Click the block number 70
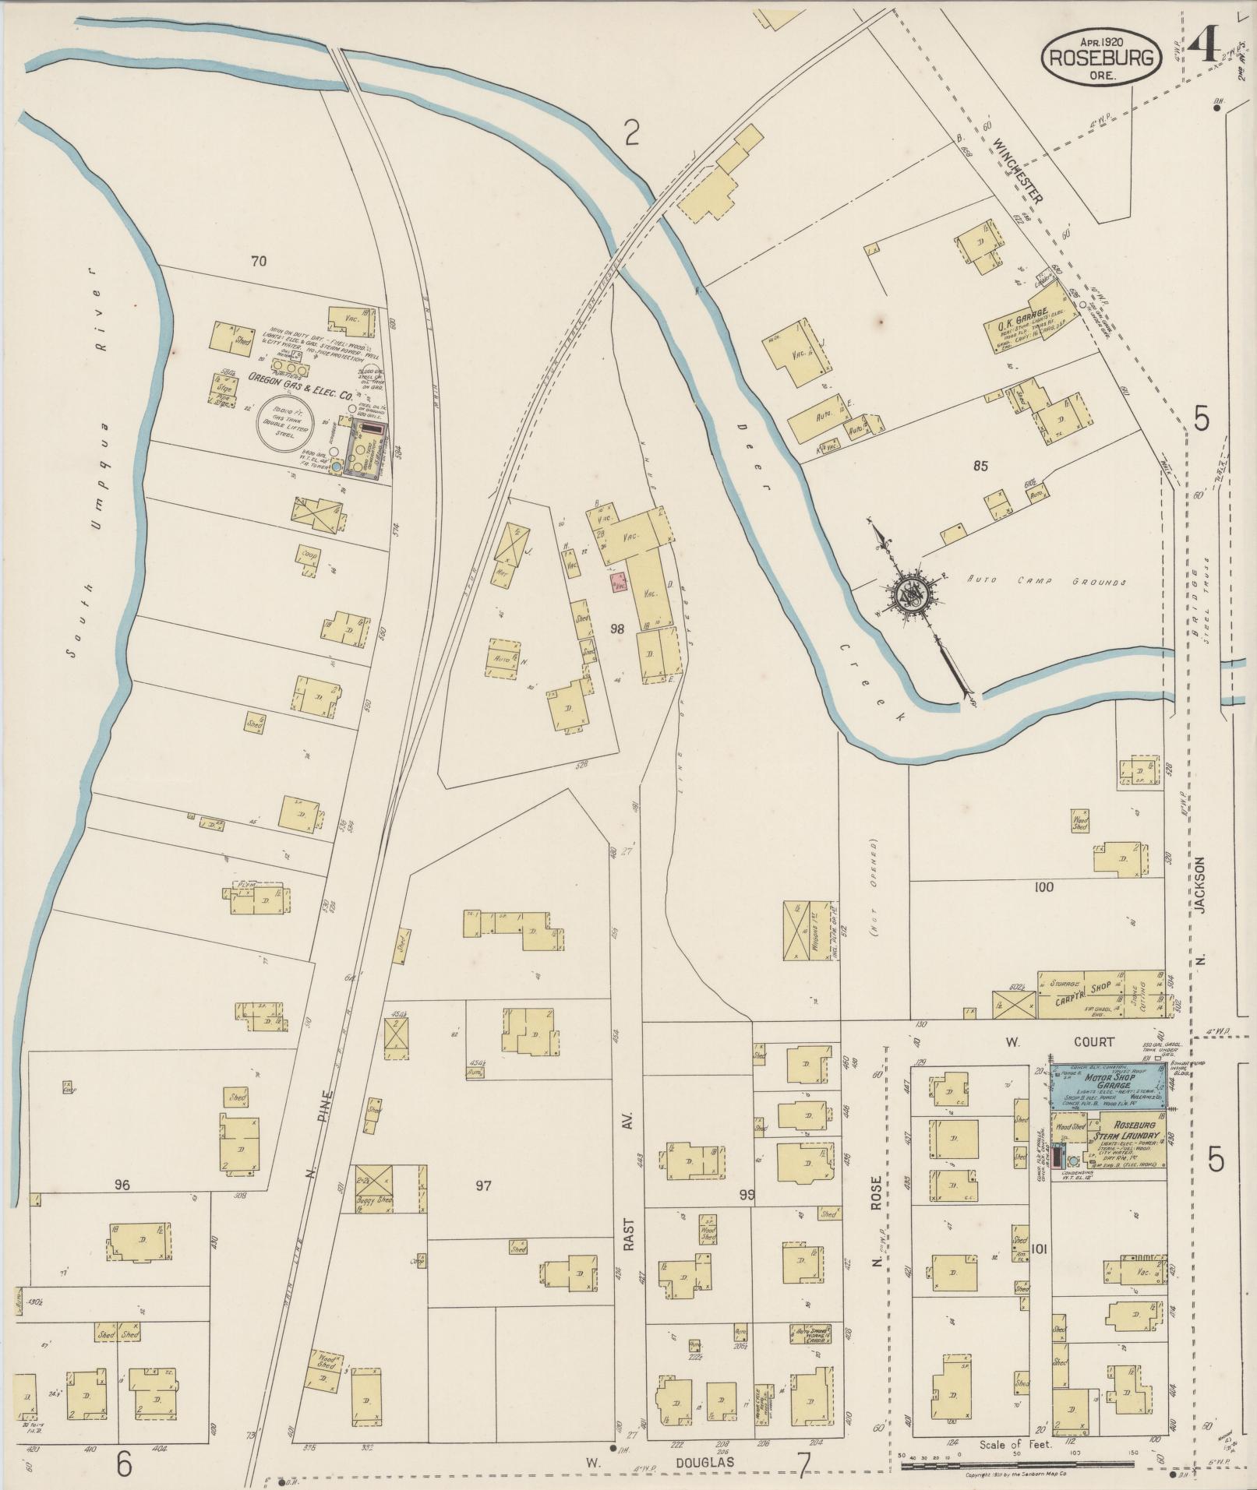pyautogui.click(x=259, y=261)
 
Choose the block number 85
pyautogui.click(x=980, y=466)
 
